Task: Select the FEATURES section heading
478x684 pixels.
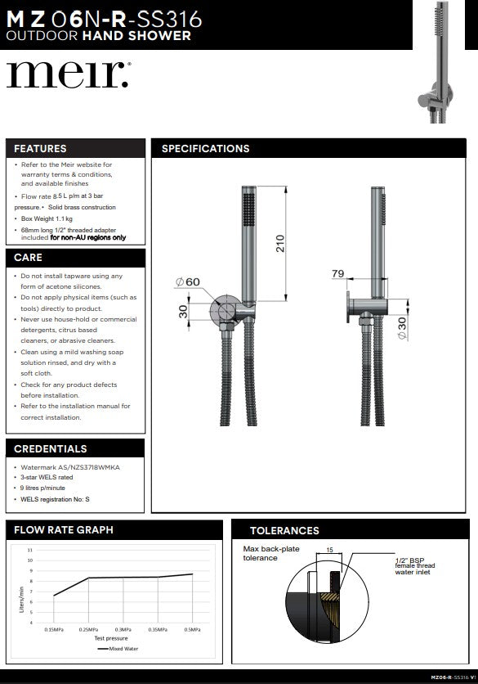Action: (41, 149)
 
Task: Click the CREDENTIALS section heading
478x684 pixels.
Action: (51, 449)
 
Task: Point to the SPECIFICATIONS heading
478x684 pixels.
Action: (206, 149)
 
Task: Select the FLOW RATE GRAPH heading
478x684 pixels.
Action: (64, 530)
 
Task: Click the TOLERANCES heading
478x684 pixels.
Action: (284, 531)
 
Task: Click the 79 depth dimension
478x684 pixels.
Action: (337, 275)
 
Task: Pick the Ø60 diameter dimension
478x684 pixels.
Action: (188, 282)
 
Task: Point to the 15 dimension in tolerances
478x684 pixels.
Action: (330, 551)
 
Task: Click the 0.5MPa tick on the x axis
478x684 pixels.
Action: (192, 629)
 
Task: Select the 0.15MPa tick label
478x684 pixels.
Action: (54, 629)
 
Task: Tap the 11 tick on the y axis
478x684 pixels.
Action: (30, 550)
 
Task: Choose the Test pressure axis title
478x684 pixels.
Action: (111, 637)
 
